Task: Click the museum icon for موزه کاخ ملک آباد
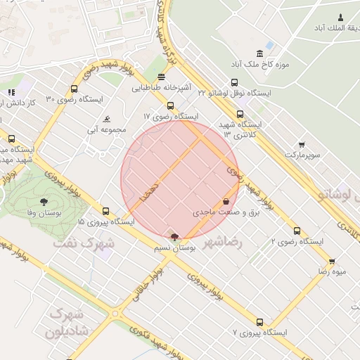(260, 54)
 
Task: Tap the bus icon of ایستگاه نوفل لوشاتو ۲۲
(234, 82)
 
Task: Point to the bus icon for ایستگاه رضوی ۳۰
(75, 89)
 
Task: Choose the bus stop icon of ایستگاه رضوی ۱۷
(169, 105)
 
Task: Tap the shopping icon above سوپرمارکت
(302, 143)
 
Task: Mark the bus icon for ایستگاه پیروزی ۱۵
(105, 211)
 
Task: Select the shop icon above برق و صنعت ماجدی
(225, 201)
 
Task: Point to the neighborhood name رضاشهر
(222, 243)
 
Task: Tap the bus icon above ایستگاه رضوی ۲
(297, 231)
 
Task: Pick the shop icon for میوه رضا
(331, 261)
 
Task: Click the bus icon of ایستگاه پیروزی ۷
(260, 322)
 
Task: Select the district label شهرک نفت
(83, 243)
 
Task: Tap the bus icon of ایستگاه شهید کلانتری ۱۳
(240, 114)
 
